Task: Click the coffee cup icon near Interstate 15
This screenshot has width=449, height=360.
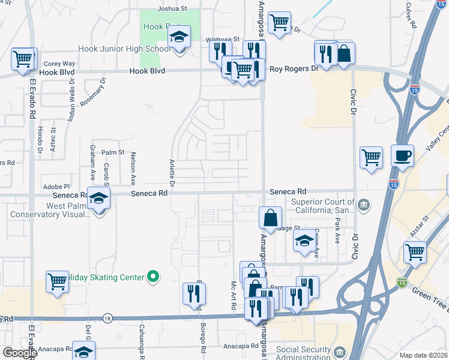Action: [402, 156]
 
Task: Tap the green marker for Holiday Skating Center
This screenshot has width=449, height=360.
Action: [154, 277]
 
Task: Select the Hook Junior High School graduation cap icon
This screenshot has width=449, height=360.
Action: [179, 38]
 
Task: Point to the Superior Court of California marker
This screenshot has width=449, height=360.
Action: [364, 206]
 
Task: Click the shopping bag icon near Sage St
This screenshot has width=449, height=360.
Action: [271, 218]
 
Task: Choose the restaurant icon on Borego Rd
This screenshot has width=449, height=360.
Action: [194, 293]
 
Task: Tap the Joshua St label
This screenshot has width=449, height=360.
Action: [173, 8]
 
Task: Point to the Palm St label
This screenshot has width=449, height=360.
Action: [112, 153]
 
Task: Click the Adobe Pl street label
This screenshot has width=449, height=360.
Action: [56, 187]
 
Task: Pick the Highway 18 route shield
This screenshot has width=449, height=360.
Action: [107, 317]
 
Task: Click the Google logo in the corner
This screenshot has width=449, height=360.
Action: [20, 353]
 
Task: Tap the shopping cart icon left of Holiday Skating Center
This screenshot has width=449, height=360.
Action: [57, 281]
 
